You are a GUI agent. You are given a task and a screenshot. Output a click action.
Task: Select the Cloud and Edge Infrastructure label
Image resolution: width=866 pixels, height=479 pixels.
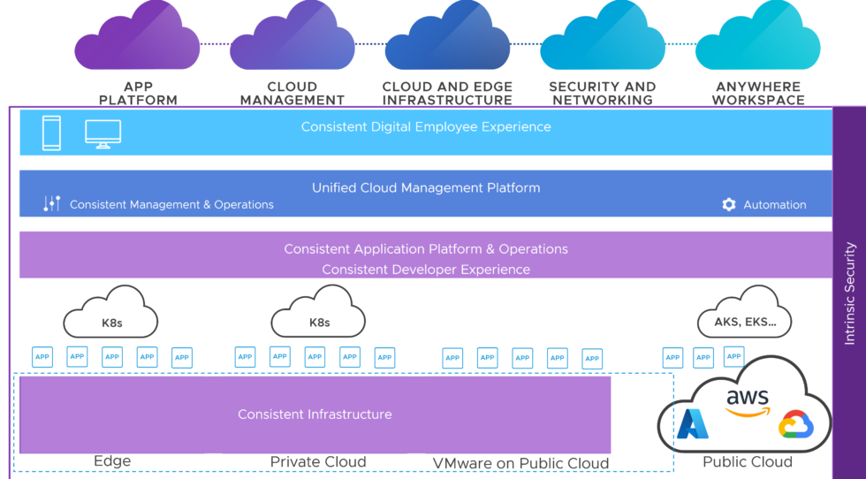pos(447,94)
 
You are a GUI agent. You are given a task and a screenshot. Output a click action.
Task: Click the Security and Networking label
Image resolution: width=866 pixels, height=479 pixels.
pos(602,94)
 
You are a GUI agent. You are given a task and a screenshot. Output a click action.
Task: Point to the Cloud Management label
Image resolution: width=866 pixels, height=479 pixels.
pos(292,94)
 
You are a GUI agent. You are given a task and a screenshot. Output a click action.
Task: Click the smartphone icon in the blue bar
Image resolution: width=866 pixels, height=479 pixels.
pos(51,133)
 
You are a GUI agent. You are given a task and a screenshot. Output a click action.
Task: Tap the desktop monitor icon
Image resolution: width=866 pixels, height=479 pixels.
pos(103,133)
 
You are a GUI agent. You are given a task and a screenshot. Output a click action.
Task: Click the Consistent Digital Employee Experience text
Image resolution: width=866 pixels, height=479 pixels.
pos(426,127)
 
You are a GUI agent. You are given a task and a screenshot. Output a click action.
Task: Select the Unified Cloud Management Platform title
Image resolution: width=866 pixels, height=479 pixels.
pos(426,187)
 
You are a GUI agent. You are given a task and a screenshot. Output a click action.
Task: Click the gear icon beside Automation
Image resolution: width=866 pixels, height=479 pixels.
pos(728,205)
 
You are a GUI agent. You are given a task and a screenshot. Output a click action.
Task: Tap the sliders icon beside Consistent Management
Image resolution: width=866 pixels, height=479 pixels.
pos(51,204)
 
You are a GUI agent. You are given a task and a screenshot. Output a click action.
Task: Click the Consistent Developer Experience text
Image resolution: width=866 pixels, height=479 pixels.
pos(426,270)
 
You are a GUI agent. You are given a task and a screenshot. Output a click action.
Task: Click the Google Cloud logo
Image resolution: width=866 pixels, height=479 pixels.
pos(794,425)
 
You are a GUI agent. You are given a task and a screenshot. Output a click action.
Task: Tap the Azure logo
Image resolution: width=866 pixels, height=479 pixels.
pos(693,424)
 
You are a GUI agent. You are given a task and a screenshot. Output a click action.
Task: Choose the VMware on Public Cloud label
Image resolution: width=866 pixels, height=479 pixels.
pos(520,463)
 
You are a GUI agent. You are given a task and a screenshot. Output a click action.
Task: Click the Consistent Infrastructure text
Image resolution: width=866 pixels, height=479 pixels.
pos(315,414)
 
